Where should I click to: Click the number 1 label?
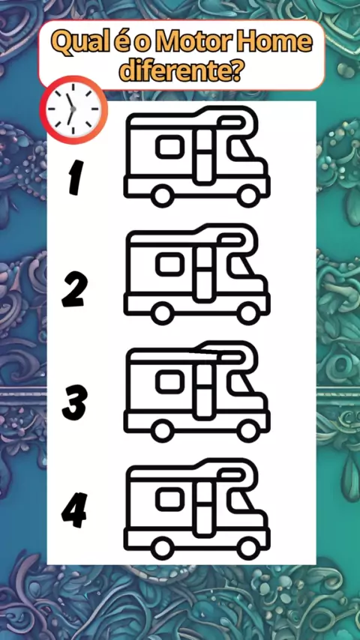point(76,177)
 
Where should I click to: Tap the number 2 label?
point(74,291)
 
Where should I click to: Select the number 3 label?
point(74,403)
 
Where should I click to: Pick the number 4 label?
point(74,510)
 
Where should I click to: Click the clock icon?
point(73,109)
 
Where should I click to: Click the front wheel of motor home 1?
point(248,196)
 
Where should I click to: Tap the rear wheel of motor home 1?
point(162,196)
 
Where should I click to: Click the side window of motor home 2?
point(170,263)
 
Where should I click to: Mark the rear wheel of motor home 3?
point(162,430)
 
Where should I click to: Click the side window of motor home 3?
point(170,381)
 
